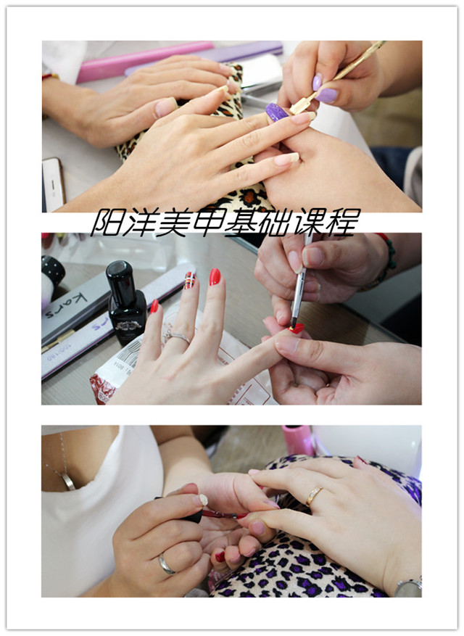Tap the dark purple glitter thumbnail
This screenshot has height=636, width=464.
[277, 112]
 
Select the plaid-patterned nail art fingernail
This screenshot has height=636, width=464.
[190, 280]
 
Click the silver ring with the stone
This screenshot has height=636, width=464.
[177, 336]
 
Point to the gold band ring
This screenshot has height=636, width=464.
[314, 495]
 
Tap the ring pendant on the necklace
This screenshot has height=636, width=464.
[68, 482]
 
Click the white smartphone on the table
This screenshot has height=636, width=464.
[53, 184]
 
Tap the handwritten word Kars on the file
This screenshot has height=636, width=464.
[66, 306]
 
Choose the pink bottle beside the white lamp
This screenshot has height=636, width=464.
[298, 440]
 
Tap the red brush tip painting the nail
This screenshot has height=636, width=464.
[297, 328]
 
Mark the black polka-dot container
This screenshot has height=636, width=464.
[52, 269]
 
